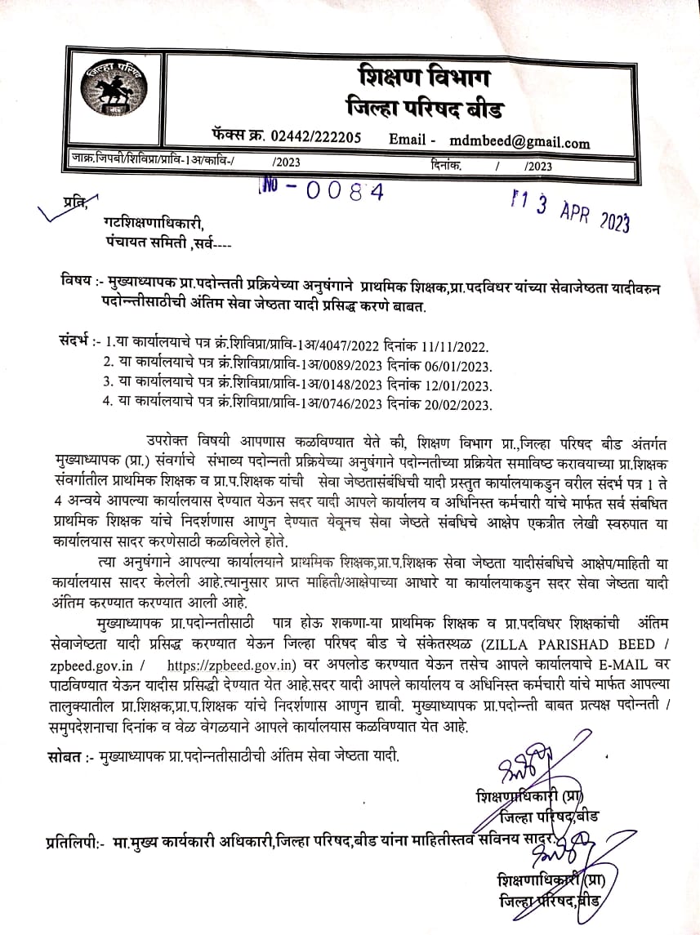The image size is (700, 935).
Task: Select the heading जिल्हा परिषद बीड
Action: pos(425,109)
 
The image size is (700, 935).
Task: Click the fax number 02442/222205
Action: pos(315,138)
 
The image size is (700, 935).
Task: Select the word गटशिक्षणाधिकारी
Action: pos(153,225)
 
